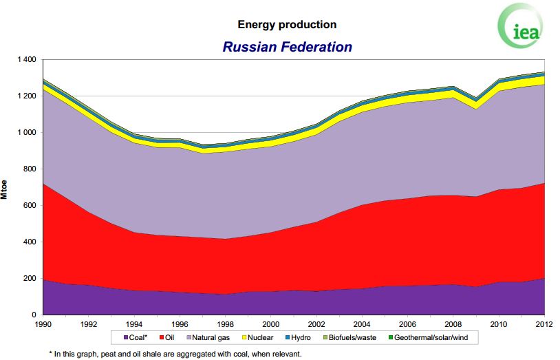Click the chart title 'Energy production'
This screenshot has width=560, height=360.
[x=287, y=25]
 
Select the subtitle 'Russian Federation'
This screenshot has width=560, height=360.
[x=287, y=47]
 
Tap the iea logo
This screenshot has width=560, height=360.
[x=521, y=26]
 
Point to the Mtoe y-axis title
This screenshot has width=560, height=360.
[x=4, y=189]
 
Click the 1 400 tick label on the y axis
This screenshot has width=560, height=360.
[x=27, y=59]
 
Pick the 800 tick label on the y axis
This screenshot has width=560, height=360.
[x=30, y=169]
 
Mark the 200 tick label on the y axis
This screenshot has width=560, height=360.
[x=30, y=278]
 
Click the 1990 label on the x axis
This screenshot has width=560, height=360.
[x=43, y=324]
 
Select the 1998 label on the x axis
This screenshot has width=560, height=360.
[x=225, y=324]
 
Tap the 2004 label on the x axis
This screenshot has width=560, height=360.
[x=362, y=324]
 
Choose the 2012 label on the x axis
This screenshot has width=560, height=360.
[x=544, y=324]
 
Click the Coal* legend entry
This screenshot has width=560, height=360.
[x=136, y=337]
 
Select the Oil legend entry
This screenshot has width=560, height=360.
[x=166, y=337]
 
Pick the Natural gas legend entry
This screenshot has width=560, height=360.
[x=208, y=337]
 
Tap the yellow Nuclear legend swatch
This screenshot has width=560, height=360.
[x=245, y=337]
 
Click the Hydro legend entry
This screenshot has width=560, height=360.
[x=298, y=337]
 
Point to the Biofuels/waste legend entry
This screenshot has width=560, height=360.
[x=349, y=337]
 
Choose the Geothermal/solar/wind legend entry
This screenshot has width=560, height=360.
[x=428, y=337]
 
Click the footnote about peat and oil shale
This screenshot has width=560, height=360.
[x=175, y=354]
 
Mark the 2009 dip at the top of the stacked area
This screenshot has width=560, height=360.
[x=475, y=98]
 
